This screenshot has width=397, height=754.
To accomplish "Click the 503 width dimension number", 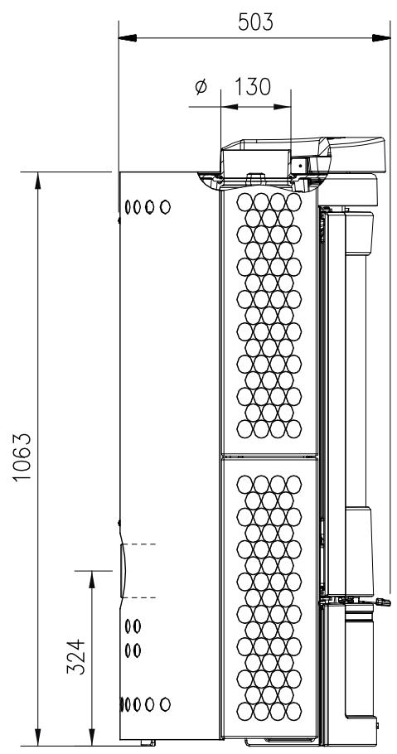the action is click(x=255, y=22).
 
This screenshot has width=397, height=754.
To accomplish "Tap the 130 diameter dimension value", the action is click(x=253, y=87).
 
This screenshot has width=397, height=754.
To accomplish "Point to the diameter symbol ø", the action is click(x=201, y=87).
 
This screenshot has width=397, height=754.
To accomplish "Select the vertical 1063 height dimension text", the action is click(x=22, y=457).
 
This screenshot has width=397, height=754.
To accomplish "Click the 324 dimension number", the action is click(x=75, y=656).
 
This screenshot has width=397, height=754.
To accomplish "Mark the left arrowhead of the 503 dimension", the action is click(x=128, y=38).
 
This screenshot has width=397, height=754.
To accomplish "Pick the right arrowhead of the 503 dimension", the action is click(x=381, y=38).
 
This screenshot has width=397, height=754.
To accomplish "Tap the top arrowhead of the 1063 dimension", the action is click(x=38, y=181).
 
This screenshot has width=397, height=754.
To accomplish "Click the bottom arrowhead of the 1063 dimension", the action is click(x=38, y=737).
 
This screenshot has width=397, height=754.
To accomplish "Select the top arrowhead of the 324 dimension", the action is click(x=92, y=580).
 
